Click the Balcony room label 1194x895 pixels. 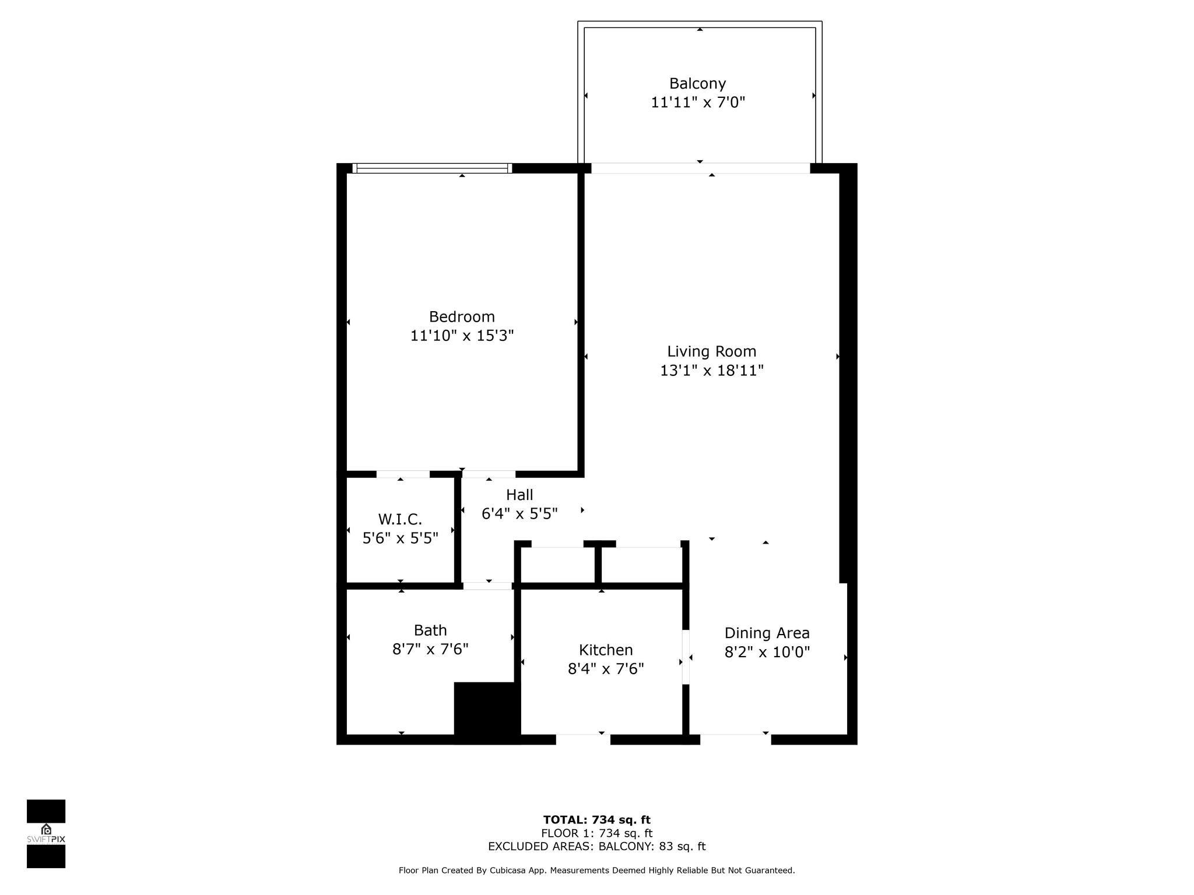pyautogui.click(x=697, y=83)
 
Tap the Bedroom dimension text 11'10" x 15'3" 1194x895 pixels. pyautogui.click(x=462, y=336)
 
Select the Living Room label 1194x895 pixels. pyautogui.click(x=711, y=351)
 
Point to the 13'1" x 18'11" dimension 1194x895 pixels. pyautogui.click(x=711, y=371)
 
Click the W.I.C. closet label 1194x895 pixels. pyautogui.click(x=400, y=519)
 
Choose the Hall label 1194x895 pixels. pyautogui.click(x=519, y=495)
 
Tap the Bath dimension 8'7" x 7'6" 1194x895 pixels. pyautogui.click(x=430, y=649)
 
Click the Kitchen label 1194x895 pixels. pyautogui.click(x=606, y=650)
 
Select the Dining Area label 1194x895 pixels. pyautogui.click(x=767, y=633)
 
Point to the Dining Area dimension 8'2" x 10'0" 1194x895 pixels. pyautogui.click(x=767, y=652)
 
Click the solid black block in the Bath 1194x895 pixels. pyautogui.click(x=487, y=713)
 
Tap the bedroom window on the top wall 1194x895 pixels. pyautogui.click(x=432, y=168)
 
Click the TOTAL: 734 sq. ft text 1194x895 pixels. pyautogui.click(x=596, y=820)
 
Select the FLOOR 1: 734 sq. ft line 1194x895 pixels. pyautogui.click(x=596, y=833)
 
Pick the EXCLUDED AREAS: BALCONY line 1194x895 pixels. pyautogui.click(x=596, y=847)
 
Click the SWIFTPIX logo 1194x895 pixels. pyautogui.click(x=46, y=833)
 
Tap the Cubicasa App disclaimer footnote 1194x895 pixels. pyautogui.click(x=596, y=871)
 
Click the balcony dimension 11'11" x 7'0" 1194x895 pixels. pyautogui.click(x=698, y=103)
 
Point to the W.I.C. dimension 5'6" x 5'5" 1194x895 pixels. pyautogui.click(x=400, y=538)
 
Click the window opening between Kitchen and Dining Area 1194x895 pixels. pyautogui.click(x=686, y=657)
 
